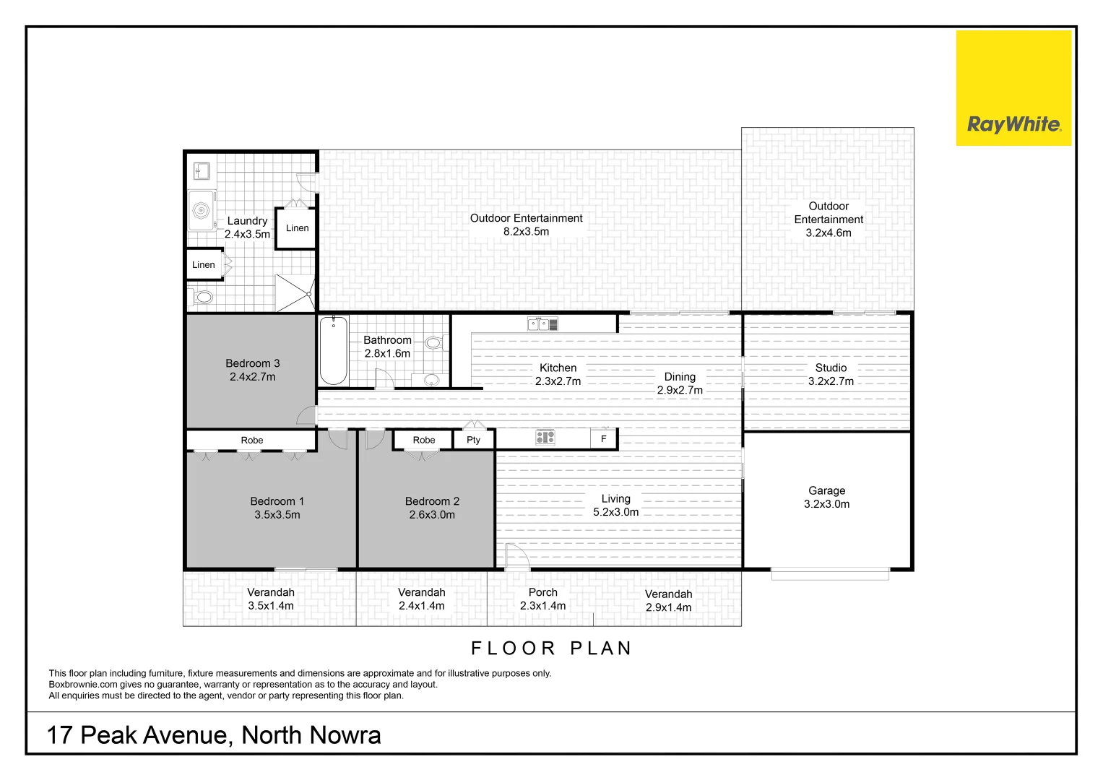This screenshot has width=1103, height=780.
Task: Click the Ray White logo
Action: [1013, 124]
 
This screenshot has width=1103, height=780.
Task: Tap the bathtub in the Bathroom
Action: [334, 350]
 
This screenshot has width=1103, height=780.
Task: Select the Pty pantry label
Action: [473, 440]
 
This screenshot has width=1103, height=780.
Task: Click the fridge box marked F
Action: [604, 438]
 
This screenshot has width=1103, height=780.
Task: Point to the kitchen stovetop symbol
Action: [545, 436]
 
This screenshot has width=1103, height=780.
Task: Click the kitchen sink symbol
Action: [542, 324]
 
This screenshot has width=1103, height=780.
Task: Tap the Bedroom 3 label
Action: [252, 363]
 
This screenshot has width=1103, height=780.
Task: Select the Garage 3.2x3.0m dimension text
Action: [826, 504]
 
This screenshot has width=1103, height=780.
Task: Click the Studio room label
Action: [831, 368]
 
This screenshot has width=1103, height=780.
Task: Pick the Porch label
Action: [542, 592]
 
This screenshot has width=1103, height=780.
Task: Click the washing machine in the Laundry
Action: [201, 210]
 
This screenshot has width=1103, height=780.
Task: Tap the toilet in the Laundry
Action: [203, 296]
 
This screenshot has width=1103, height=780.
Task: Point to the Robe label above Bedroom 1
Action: [252, 440]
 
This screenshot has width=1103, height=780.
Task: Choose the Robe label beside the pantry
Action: [424, 440]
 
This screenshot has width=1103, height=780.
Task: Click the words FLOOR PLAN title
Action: [551, 649]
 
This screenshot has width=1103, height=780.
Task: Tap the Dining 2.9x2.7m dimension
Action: [680, 390]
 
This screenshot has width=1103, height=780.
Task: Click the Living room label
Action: [615, 499]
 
